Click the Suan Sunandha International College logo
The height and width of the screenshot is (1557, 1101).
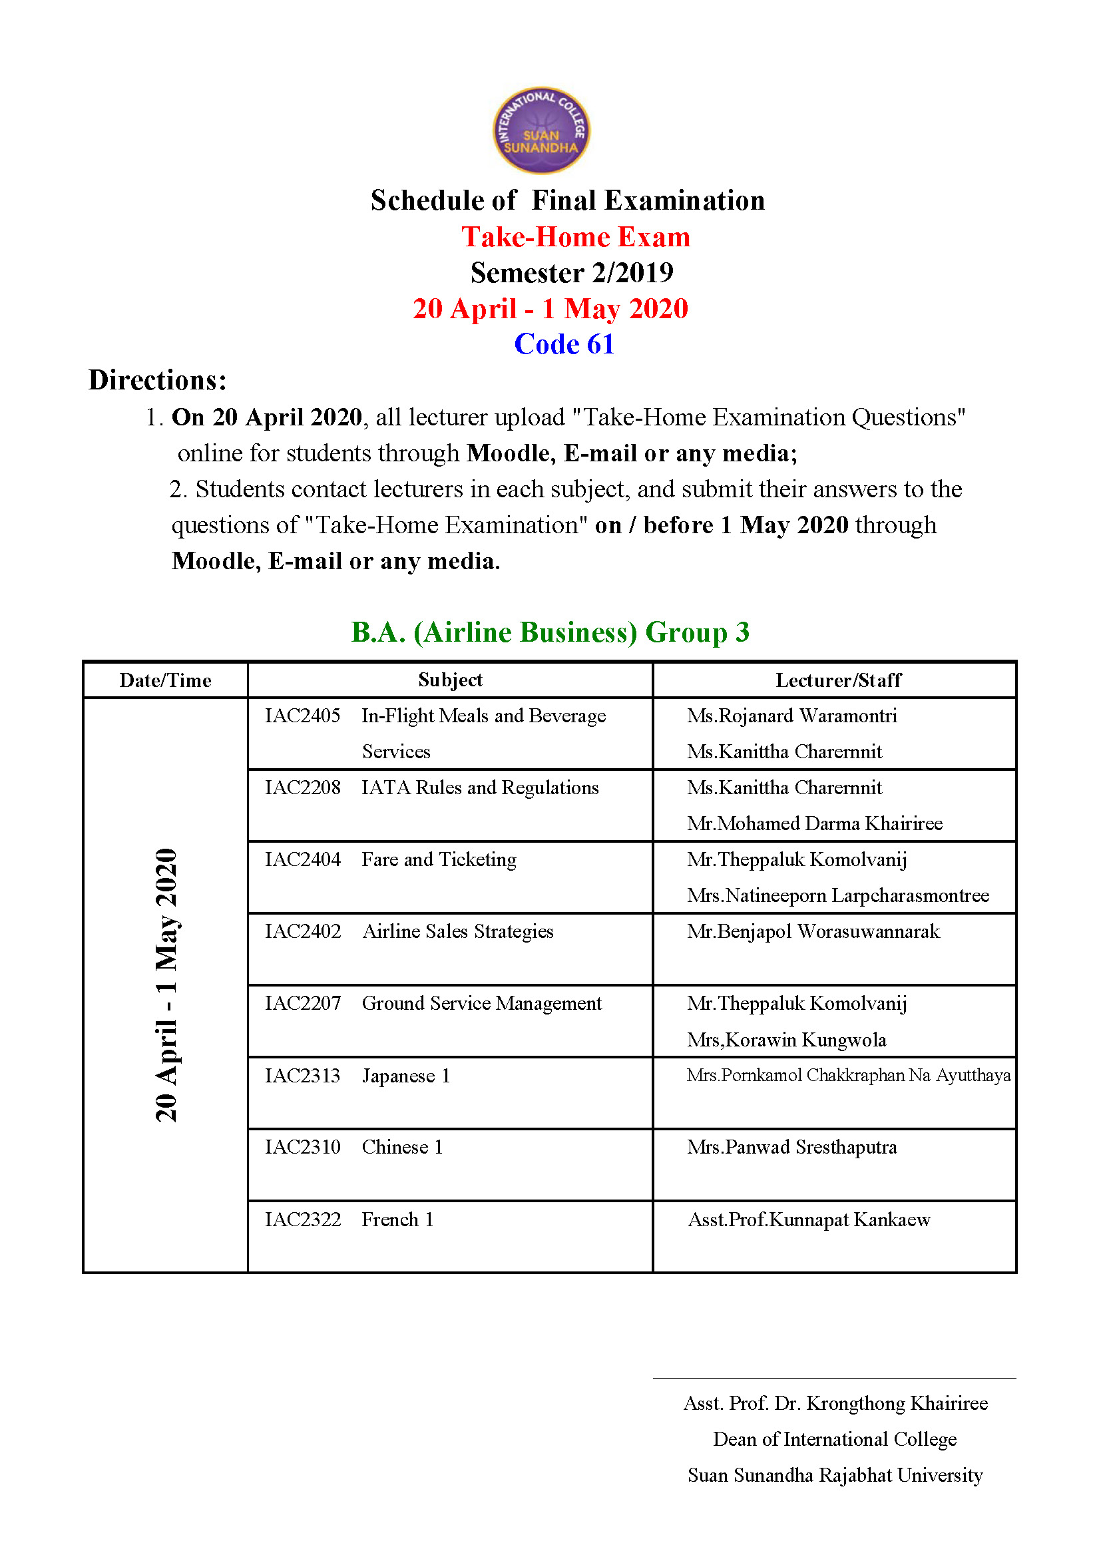[x=541, y=130]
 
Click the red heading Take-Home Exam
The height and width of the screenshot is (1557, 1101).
[x=576, y=238]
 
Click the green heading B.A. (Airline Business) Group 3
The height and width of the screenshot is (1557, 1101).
[x=550, y=632]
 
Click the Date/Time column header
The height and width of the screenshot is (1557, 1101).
[x=166, y=680]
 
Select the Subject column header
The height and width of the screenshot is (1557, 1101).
[x=450, y=680]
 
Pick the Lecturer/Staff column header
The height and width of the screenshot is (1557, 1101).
[x=838, y=680]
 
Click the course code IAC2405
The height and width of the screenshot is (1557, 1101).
[x=302, y=716]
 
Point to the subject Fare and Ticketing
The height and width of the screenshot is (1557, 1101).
[x=439, y=860]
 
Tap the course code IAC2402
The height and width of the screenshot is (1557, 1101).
[x=302, y=932]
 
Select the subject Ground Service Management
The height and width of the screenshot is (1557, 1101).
[x=481, y=1004]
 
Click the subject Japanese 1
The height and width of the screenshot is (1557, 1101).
[x=405, y=1076]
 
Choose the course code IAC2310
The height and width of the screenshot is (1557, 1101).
[x=302, y=1148]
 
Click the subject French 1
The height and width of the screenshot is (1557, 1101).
[x=397, y=1220]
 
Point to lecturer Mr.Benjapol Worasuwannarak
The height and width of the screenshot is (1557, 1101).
[x=813, y=932]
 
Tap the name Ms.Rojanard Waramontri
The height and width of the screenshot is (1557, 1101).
[x=791, y=716]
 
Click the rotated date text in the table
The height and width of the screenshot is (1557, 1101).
[x=166, y=985]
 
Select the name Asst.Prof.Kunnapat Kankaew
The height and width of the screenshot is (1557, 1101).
[x=809, y=1220]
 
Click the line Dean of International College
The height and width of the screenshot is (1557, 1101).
[x=835, y=1440]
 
